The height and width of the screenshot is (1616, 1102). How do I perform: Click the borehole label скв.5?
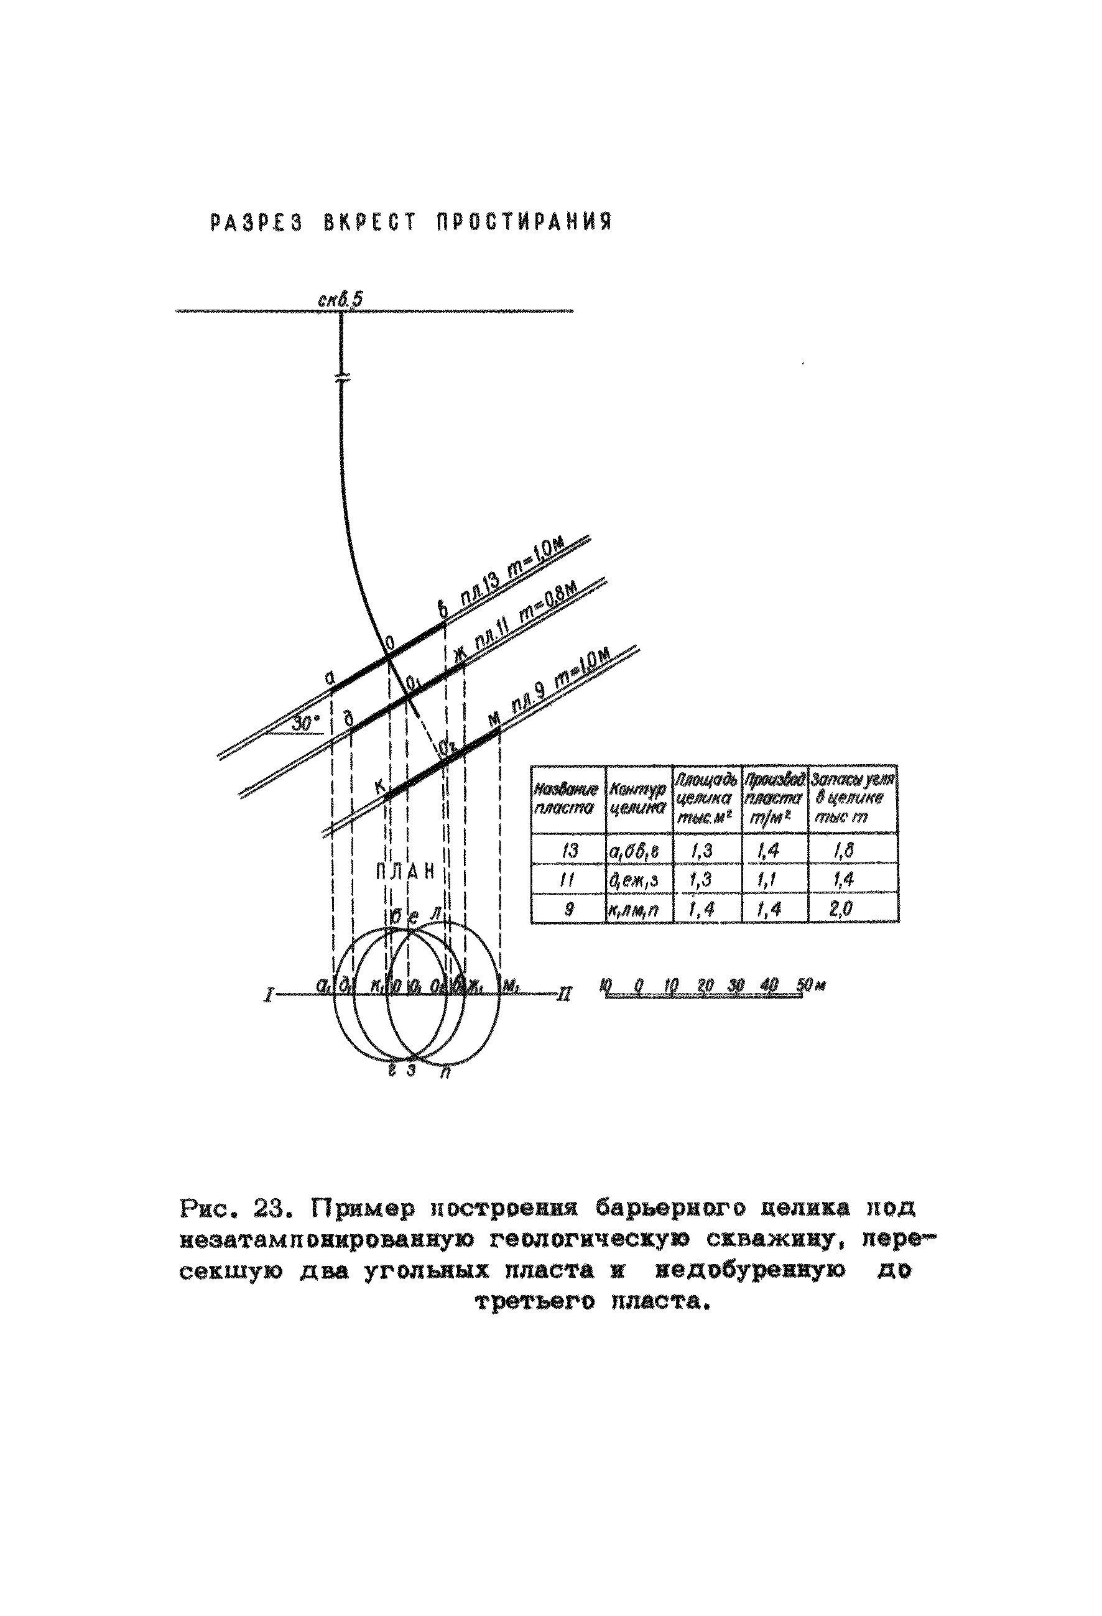pos(341,299)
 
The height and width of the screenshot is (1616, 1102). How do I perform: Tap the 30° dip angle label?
pos(305,723)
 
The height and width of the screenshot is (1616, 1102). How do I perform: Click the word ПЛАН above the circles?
pos(406,871)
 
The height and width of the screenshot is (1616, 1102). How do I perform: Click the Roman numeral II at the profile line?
pos(564,995)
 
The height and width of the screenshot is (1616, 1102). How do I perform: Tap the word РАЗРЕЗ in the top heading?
pos(256,223)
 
